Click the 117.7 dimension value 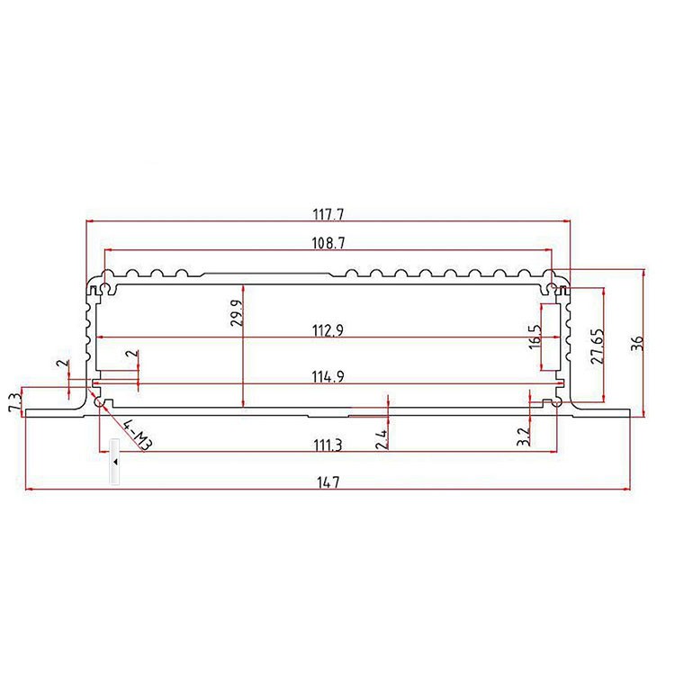(328, 214)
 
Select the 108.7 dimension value (328, 243)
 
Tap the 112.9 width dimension (328, 330)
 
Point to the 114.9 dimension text (328, 377)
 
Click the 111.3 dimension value (328, 445)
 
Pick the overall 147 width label (328, 482)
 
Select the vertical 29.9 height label (238, 312)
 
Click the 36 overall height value (637, 343)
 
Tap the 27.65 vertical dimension (598, 346)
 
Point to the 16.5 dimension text (535, 337)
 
